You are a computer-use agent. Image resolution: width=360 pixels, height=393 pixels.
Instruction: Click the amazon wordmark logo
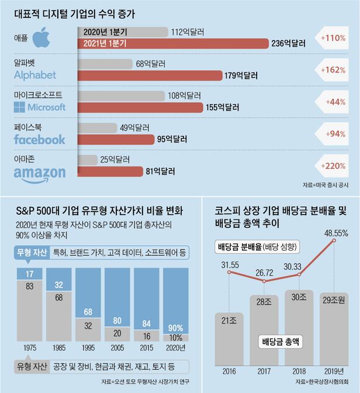coord(39,172)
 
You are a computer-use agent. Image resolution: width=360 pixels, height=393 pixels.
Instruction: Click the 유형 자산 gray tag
coord(29,367)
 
